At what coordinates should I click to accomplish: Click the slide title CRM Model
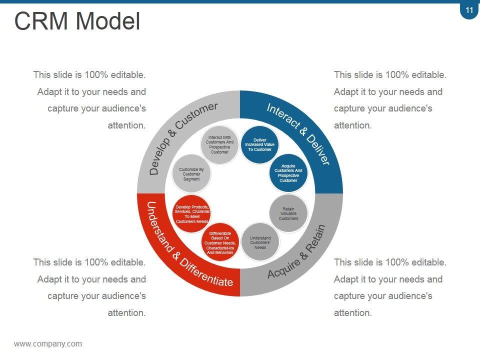[x=77, y=21]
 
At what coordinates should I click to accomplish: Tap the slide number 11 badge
[x=469, y=10]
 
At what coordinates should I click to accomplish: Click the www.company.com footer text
[x=48, y=344]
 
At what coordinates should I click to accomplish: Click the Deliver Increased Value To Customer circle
[x=259, y=145]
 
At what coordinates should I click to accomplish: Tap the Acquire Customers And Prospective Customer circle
[x=288, y=173]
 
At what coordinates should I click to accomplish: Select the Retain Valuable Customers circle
[x=288, y=214]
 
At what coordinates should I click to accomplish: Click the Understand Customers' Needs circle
[x=260, y=242]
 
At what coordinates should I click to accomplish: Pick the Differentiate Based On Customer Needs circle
[x=220, y=242]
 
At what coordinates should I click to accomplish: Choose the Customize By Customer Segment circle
[x=191, y=174]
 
